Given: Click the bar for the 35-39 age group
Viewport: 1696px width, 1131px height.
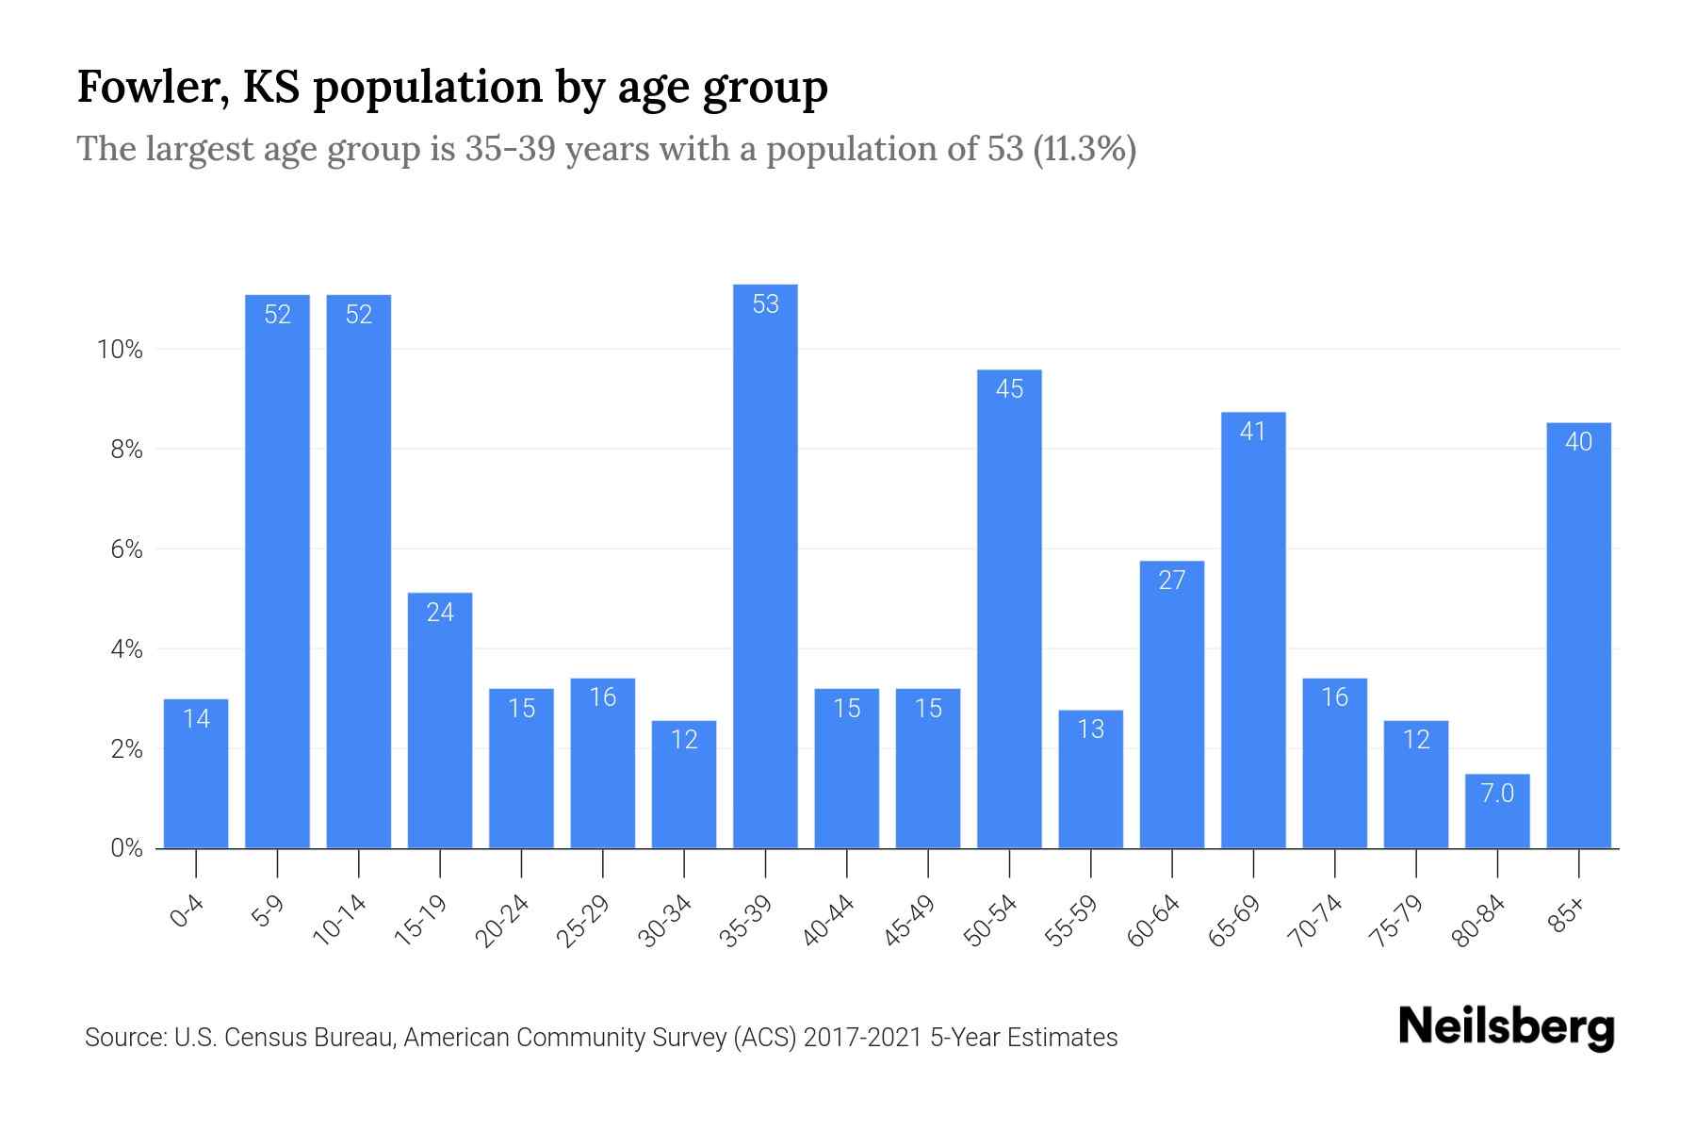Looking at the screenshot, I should (x=765, y=565).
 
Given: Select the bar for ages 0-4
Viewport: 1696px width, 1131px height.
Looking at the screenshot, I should (x=196, y=773).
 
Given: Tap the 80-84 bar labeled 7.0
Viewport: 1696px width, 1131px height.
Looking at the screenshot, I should (x=1497, y=811).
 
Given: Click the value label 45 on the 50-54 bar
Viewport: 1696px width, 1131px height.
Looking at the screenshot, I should (x=1009, y=389).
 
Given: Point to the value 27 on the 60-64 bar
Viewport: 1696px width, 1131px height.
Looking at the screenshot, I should (x=1171, y=581).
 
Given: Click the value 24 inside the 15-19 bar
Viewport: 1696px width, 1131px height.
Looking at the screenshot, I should (x=440, y=613).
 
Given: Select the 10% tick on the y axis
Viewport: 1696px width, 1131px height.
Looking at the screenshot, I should (x=120, y=350).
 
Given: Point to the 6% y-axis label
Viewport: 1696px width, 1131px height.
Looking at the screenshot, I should (x=126, y=549).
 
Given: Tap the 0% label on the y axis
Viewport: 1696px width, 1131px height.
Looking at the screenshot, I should (x=126, y=848).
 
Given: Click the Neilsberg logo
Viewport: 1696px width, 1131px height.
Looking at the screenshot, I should (x=1506, y=1027).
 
